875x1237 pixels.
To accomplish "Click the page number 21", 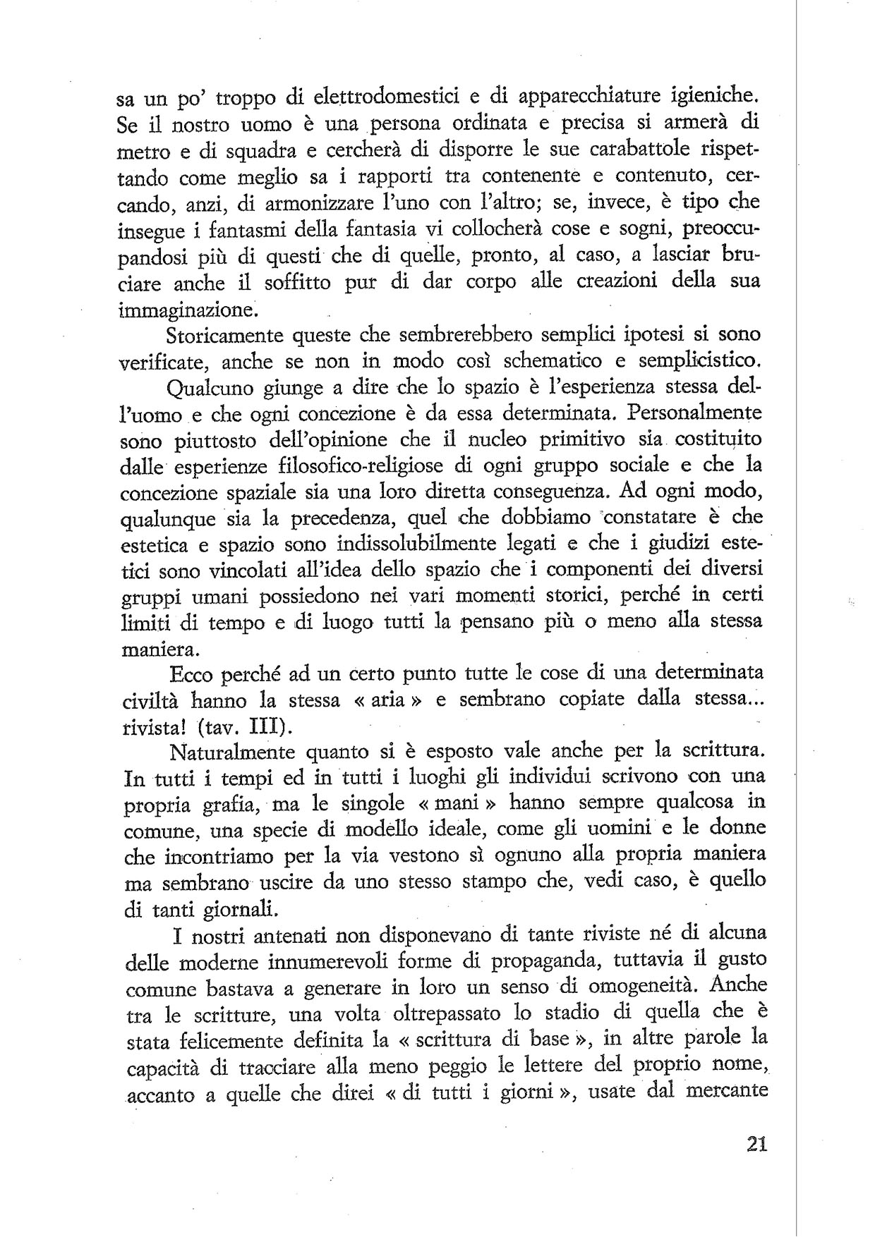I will [755, 1143].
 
